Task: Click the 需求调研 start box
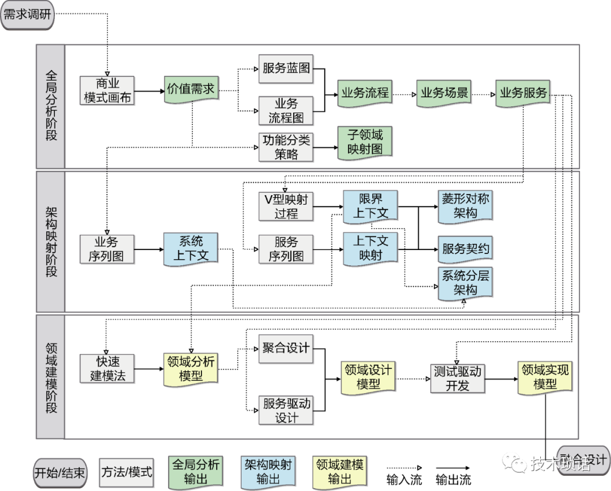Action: (x=28, y=15)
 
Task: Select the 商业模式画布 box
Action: (x=107, y=90)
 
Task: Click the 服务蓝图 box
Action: (x=286, y=69)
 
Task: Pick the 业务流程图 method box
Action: (x=286, y=110)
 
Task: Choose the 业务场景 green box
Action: (x=444, y=93)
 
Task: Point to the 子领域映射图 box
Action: (x=365, y=142)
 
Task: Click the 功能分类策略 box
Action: (x=286, y=147)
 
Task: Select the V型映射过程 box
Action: (x=286, y=206)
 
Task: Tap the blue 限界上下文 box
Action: (x=371, y=205)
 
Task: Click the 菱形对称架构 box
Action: (x=465, y=205)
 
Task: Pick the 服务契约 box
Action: (x=465, y=248)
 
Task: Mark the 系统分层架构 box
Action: (x=465, y=283)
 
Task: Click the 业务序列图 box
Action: (x=107, y=249)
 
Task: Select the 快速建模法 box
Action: (x=107, y=368)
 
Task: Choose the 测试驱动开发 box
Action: (x=457, y=378)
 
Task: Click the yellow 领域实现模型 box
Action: (x=545, y=377)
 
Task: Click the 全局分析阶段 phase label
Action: (x=51, y=106)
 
